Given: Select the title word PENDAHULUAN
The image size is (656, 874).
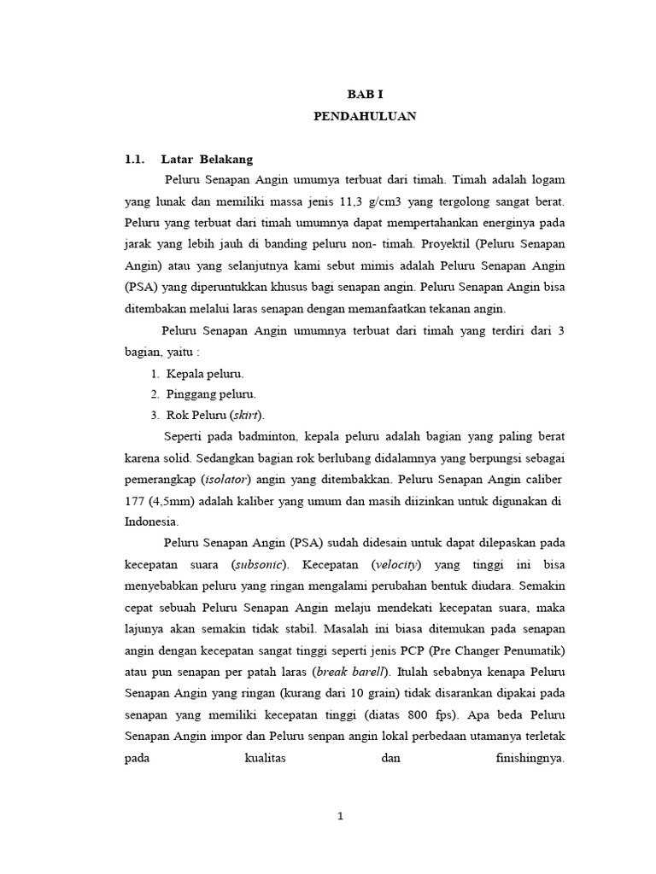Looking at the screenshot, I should [365, 117].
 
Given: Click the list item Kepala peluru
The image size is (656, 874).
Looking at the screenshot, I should [205, 373].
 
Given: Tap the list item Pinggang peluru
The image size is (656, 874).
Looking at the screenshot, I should [211, 394].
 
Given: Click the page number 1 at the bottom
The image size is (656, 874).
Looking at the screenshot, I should [340, 815].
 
